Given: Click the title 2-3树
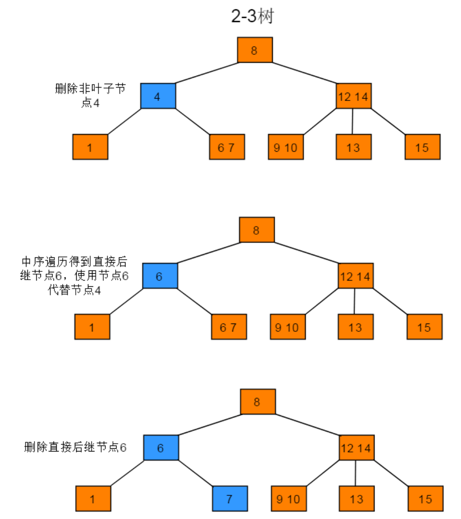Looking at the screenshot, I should pos(252,17).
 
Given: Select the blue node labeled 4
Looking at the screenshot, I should pos(158,96).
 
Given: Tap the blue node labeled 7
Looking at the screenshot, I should pos(230,499).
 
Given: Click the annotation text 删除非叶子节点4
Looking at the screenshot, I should pos(90,96).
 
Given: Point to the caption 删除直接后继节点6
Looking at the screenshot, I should pos(75,448).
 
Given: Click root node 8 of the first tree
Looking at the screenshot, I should pos(255,50).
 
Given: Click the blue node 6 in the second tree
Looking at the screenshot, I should pos(160,276).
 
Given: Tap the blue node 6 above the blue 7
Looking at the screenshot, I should pos(161,448).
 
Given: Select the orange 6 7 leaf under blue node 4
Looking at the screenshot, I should pos(227,147).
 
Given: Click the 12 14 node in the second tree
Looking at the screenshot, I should pos(356,276).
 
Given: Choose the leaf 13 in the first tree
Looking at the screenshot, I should pos(354,147).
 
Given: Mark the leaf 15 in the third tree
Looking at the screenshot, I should pos(425,499).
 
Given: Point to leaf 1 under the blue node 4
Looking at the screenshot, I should pos(90,147).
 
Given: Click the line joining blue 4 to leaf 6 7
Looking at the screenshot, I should pos(192,121).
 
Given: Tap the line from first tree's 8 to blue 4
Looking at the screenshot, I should pos(207,73).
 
